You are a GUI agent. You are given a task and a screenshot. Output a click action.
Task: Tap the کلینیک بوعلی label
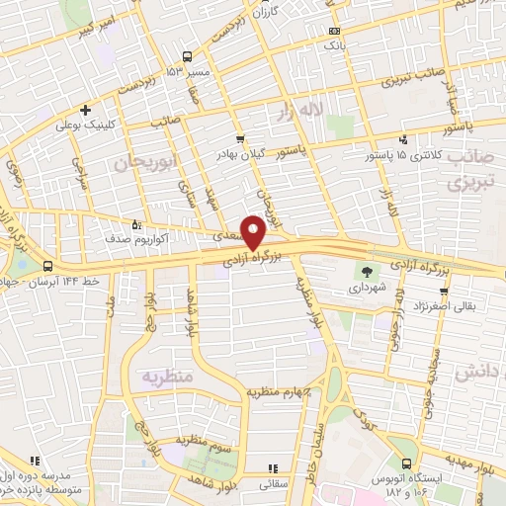86,126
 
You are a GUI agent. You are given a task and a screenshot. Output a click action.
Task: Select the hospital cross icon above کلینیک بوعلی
86,109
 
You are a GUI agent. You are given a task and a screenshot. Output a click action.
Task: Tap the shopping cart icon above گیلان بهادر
240,139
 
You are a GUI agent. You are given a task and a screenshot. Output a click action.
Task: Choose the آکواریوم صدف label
138,239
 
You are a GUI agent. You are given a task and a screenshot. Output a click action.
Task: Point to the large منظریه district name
163,378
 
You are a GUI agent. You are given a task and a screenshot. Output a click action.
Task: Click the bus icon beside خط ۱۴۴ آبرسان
47,265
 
